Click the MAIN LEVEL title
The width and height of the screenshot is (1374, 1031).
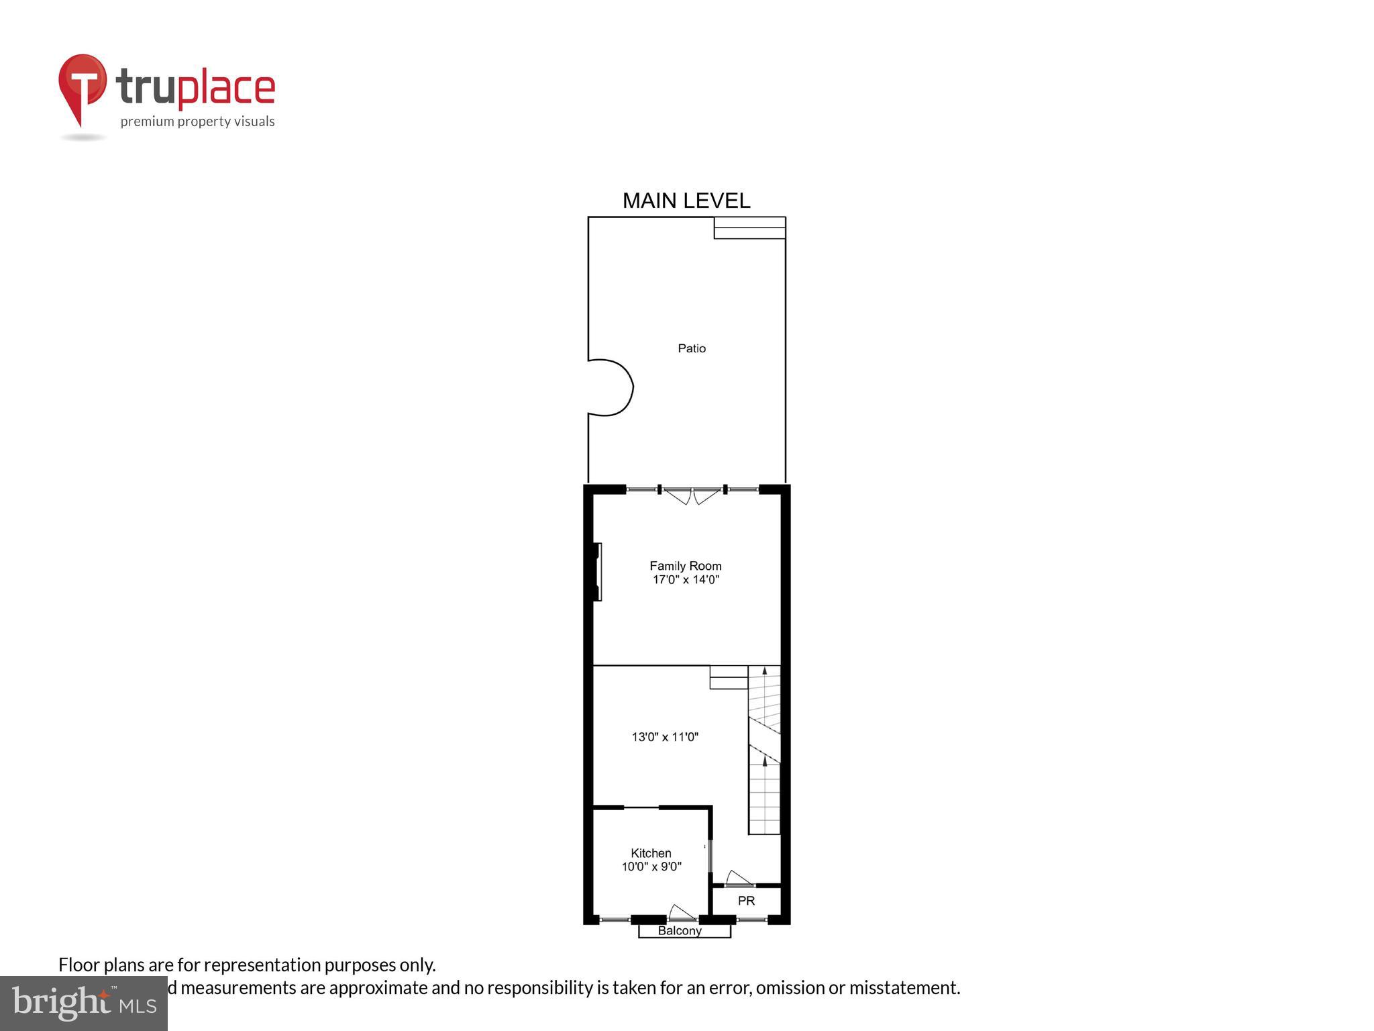coord(686,201)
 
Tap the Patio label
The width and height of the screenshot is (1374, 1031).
coord(692,348)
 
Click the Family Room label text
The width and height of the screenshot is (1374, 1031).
coord(686,566)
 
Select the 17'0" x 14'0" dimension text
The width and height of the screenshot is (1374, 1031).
coord(686,580)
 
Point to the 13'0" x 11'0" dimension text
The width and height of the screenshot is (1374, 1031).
coord(665,737)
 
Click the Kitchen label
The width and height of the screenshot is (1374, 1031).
coord(651,853)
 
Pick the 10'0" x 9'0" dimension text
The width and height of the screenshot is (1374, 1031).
coord(651,867)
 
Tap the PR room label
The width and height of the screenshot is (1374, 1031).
coord(746,901)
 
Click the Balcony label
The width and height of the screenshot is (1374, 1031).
coord(680,931)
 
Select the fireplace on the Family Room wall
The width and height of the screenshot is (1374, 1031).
coord(597,572)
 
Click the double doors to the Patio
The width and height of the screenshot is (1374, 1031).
coord(692,495)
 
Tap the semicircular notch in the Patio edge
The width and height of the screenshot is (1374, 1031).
coord(611,388)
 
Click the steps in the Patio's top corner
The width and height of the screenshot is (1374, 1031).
coord(749,228)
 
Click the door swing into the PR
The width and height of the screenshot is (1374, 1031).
coord(739,879)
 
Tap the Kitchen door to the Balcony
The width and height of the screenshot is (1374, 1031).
coord(682,913)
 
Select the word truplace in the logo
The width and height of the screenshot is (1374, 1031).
coord(195,88)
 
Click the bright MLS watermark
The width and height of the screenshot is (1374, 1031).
coord(84,1003)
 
